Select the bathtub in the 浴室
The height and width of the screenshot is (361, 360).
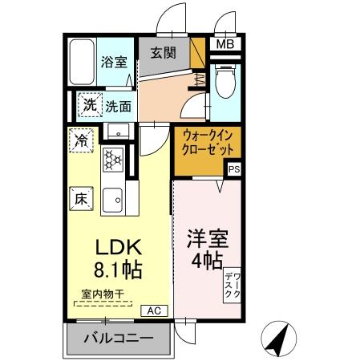[81, 63]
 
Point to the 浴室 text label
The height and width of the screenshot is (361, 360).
[113, 62]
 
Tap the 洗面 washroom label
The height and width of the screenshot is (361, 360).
[119, 104]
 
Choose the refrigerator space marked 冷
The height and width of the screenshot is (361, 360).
[82, 140]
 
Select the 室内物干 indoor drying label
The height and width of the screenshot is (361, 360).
[102, 294]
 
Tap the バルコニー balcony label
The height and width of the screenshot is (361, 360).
[119, 339]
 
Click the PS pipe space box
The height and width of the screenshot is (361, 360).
[233, 169]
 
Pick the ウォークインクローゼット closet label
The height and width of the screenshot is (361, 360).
[208, 143]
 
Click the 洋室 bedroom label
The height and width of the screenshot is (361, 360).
[208, 238]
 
